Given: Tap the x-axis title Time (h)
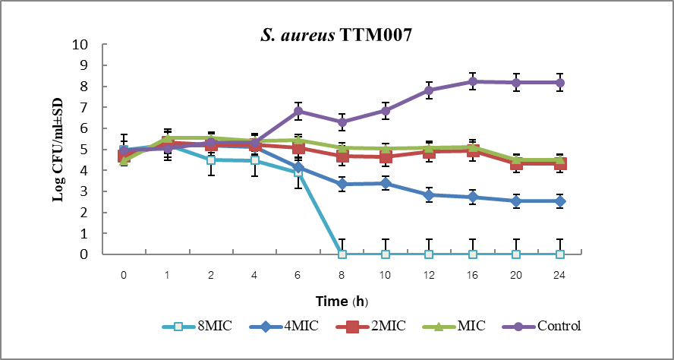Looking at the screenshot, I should coord(342,301).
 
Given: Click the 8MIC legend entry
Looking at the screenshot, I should coord(198,327).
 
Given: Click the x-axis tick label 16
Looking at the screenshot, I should coord(473,273).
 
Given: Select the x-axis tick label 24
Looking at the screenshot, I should coord(560,273).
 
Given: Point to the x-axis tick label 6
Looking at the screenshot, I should coord(298,273).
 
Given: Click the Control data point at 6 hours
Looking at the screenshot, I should coord(298,111).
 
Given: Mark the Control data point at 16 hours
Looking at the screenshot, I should coord(473,81).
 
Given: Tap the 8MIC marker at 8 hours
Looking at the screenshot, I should coord(342,254).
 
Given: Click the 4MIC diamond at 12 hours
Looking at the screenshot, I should coord(429,195).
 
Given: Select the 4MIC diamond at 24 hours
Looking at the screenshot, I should coord(560,201).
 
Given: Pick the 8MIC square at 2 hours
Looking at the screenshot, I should coord(211,159).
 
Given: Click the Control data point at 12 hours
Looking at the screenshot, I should coord(429,90).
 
